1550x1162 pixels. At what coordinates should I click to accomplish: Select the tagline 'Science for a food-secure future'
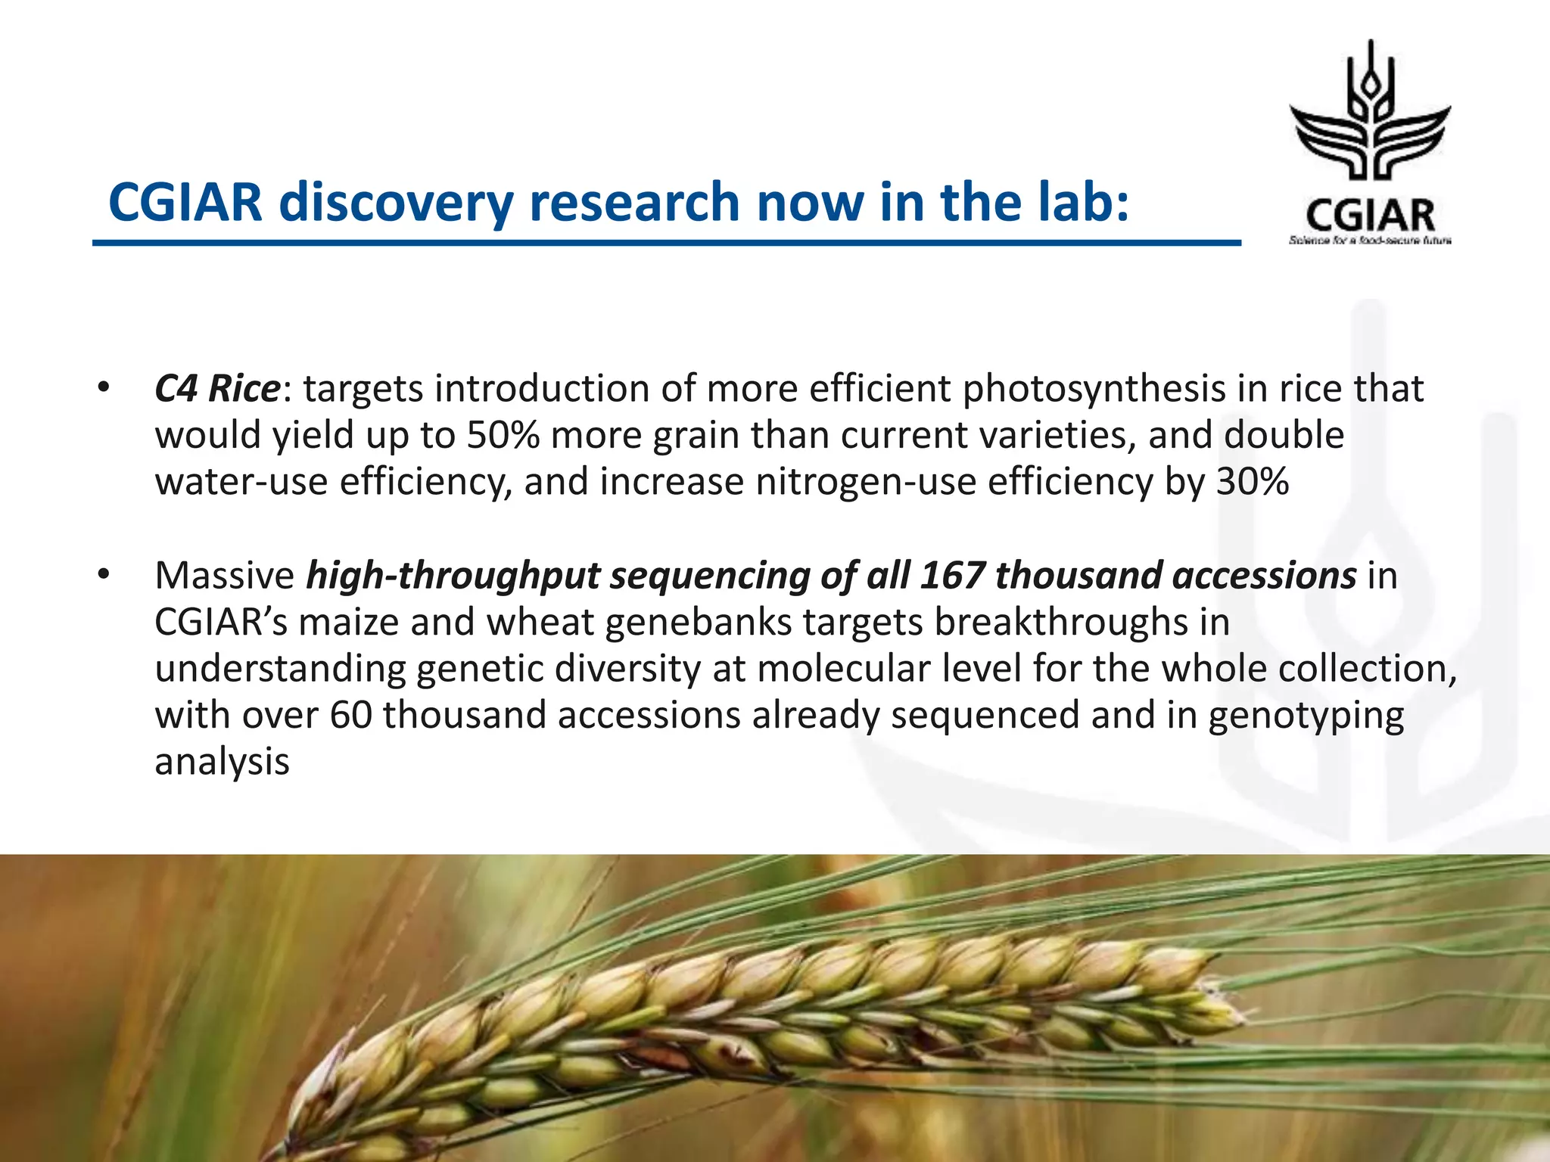(x=1370, y=241)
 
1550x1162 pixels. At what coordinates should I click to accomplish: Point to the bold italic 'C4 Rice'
(x=217, y=389)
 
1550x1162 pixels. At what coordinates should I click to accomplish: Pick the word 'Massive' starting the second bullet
(x=224, y=575)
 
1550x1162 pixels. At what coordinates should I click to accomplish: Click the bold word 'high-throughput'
(x=453, y=575)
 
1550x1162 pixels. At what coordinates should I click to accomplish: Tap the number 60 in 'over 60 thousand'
(x=351, y=715)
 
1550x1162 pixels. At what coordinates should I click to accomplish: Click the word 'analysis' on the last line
(x=222, y=761)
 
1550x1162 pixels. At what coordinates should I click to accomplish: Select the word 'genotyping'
(x=1306, y=715)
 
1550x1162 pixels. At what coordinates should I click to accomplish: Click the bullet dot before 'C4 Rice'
(x=103, y=389)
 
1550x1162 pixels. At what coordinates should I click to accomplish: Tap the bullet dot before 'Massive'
(x=103, y=575)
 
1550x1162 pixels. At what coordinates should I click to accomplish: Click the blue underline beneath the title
(x=666, y=243)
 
